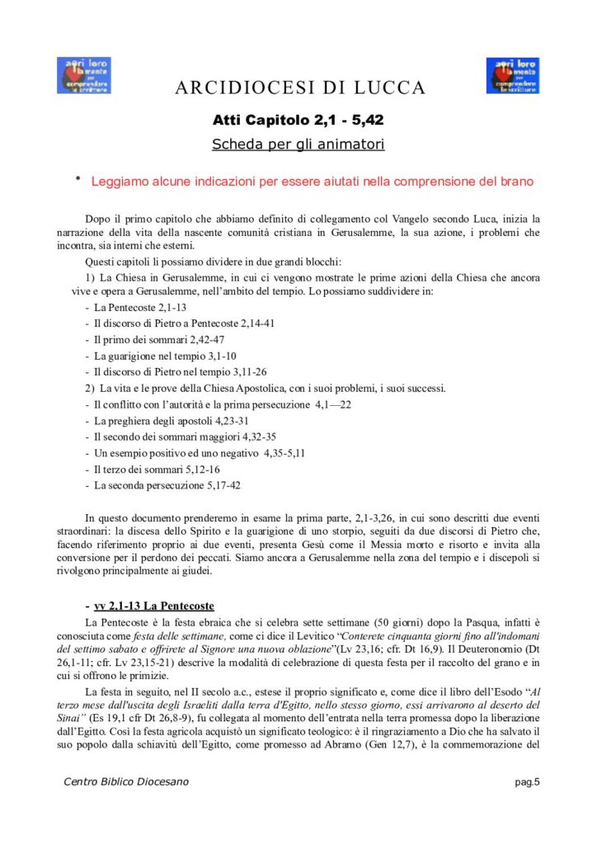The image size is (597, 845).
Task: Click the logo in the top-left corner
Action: [83, 76]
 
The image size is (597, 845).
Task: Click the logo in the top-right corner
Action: [513, 76]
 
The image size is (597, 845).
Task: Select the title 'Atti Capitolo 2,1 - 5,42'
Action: [298, 120]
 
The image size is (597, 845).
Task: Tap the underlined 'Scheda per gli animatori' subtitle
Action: [298, 144]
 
